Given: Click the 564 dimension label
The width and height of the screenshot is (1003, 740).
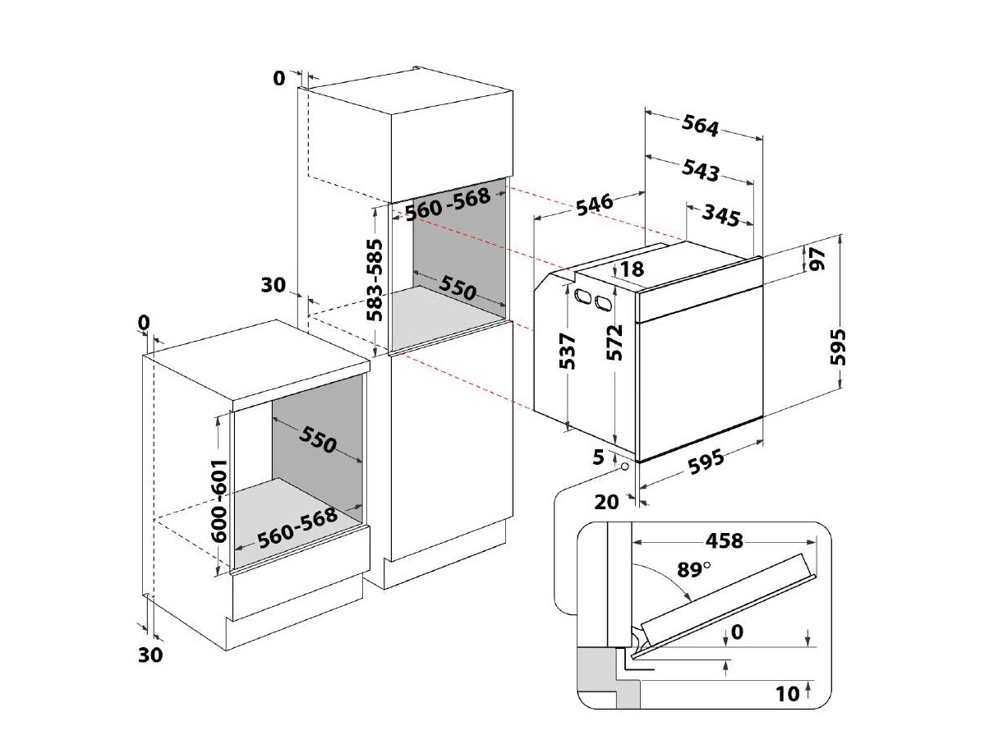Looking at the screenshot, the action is pos(700,126).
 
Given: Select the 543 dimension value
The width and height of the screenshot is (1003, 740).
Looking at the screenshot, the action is pos(700,170).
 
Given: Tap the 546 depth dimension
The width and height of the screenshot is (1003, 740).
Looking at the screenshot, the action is pos(595,205).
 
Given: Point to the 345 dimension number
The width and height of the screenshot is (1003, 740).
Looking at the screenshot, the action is pos(720,215).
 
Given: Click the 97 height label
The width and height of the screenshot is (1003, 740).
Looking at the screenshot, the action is pos(817,260).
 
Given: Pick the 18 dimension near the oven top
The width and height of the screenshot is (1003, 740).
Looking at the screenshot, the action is pos(633,269).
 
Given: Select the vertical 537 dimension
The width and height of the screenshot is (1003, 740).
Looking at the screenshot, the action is pos(567,351).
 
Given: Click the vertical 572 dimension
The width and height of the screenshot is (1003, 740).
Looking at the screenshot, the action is pos(614,342).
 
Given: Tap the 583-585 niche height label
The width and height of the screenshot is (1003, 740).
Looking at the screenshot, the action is pos(375,280).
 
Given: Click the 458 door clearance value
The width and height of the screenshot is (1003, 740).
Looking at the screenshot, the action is pos(725,540).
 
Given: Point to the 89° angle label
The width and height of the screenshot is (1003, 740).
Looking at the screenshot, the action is pos(693,569).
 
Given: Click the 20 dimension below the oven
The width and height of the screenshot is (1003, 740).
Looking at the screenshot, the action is pos(606,502).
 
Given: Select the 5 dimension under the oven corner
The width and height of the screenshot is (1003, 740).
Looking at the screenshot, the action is pos(598,457).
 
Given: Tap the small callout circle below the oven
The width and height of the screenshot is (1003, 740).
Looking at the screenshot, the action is pos(626,467).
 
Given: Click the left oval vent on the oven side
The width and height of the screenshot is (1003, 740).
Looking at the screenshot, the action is pos(582,296).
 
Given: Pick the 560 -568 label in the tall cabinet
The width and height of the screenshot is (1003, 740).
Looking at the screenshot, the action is pos(447,204).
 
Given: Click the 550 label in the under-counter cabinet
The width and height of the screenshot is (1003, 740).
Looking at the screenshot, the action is pos(317,439).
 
